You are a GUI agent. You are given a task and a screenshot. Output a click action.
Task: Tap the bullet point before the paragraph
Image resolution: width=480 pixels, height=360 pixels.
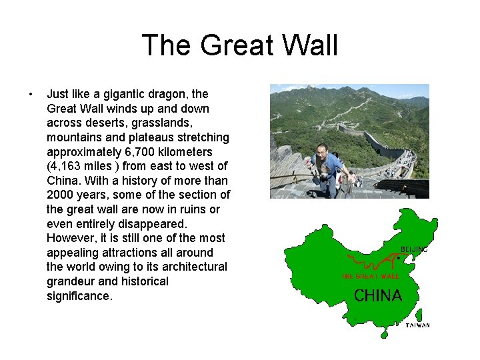tap(31, 94)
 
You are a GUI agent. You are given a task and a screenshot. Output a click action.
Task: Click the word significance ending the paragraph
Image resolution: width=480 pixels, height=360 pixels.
tap(79, 295)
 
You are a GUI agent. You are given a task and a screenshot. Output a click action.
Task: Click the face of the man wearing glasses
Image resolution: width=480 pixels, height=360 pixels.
tap(323, 153)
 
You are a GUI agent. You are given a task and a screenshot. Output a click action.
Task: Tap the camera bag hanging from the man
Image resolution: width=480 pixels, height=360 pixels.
tap(325, 177)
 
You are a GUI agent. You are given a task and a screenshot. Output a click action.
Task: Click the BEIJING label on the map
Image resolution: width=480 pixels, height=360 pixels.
tap(413, 249)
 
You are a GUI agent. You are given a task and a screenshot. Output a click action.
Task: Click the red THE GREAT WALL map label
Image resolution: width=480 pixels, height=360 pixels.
tap(370, 276)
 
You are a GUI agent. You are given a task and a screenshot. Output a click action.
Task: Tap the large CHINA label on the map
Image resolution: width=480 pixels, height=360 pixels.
tap(378, 295)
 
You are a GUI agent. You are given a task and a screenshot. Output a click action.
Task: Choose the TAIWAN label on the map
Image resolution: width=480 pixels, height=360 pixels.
tap(417, 325)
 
